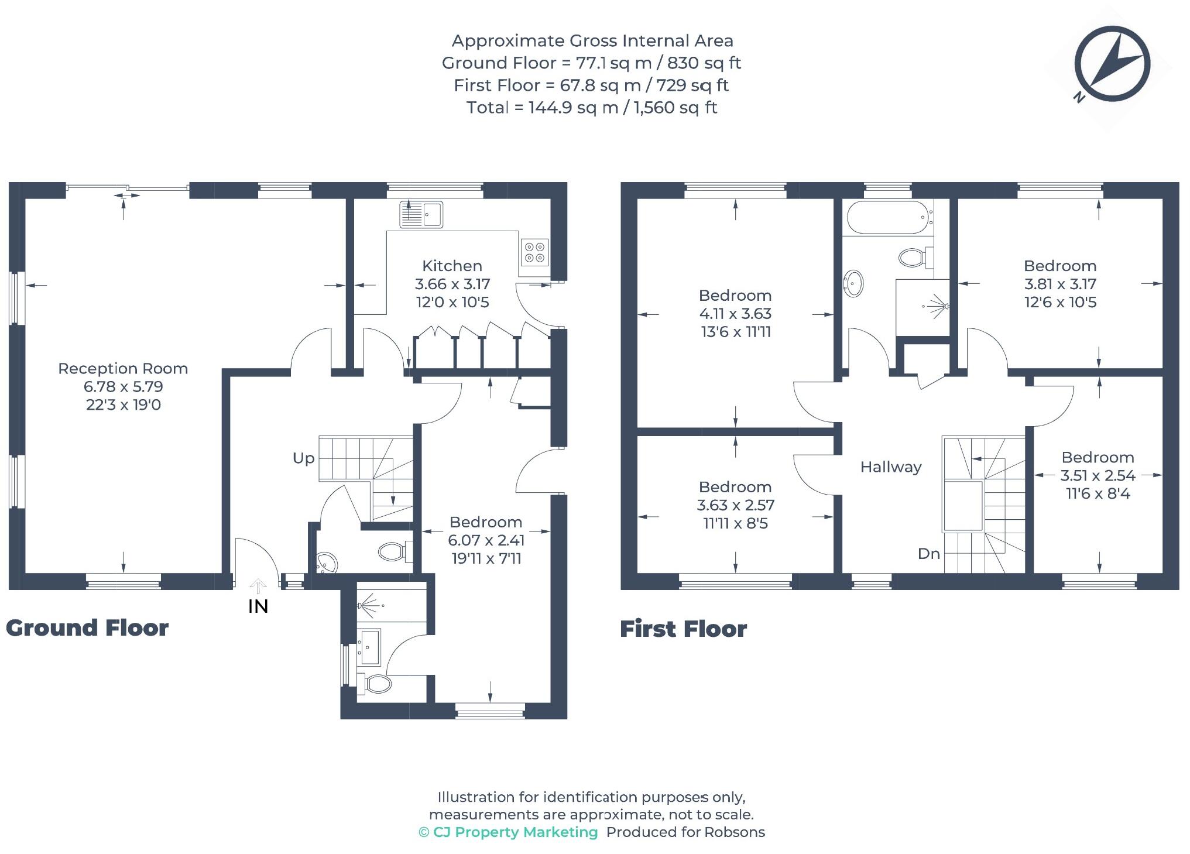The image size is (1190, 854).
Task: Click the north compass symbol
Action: (1112, 64)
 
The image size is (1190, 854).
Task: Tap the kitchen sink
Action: (421, 214)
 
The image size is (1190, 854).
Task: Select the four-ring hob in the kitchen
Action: (534, 252)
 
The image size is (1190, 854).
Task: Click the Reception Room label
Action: (123, 369)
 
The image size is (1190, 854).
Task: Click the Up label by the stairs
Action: (303, 458)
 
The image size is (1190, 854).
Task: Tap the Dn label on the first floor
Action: (928, 554)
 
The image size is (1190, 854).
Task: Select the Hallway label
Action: (890, 467)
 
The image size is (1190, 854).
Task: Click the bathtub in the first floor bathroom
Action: (887, 218)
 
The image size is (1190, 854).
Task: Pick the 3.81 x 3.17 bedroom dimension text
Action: (1059, 284)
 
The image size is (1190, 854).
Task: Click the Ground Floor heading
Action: (87, 628)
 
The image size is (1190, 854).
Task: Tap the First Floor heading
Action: (683, 629)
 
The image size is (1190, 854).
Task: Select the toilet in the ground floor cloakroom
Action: (393, 551)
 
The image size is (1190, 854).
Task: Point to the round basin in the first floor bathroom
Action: (853, 284)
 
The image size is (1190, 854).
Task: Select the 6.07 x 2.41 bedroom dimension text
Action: (486, 540)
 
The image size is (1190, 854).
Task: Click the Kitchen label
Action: (452, 266)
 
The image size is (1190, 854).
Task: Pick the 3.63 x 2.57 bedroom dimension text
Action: (735, 505)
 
